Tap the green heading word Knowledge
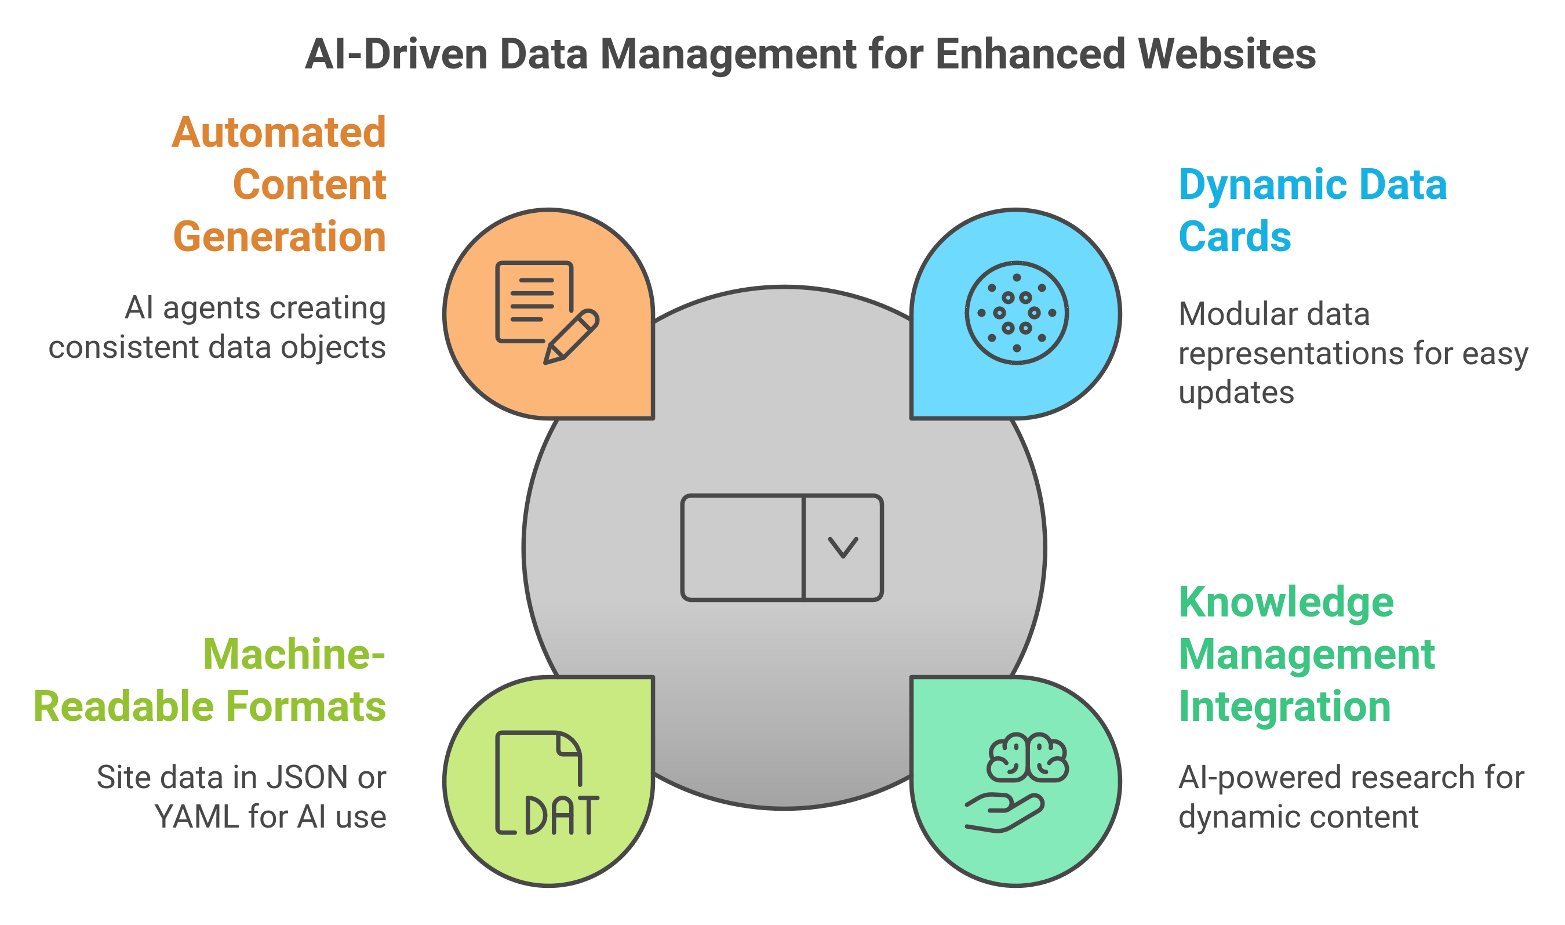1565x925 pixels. (1286, 603)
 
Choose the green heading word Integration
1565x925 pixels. (1284, 707)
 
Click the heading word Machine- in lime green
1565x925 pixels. (294, 655)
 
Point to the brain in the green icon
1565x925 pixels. (1027, 758)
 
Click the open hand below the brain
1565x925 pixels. (1003, 812)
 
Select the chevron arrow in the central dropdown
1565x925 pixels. (843, 547)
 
